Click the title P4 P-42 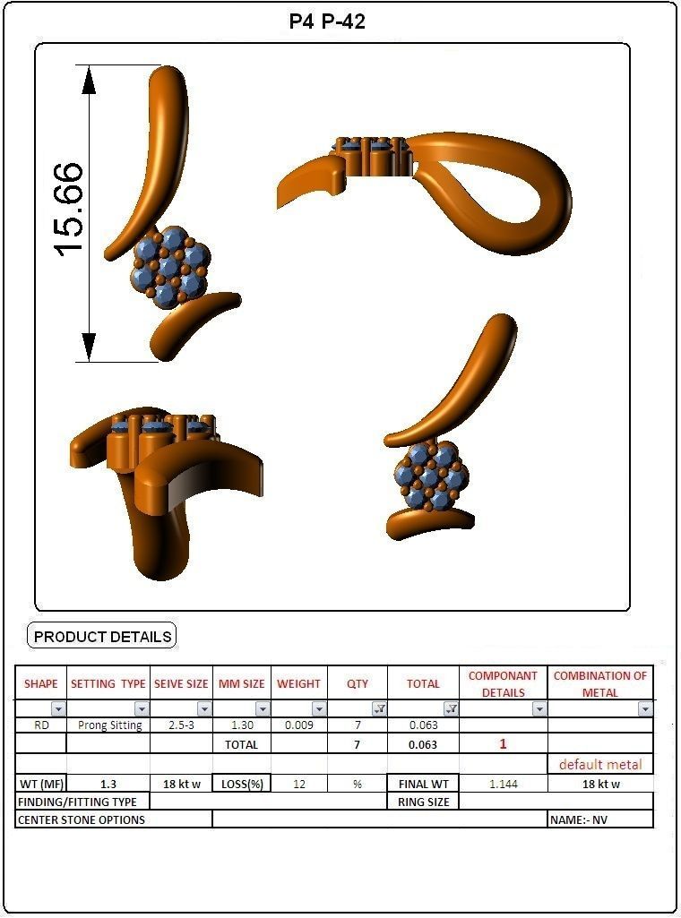(x=327, y=21)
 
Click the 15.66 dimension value (x=69, y=209)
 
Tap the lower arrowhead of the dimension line (x=89, y=346)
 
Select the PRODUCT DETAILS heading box (x=102, y=637)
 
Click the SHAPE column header (x=40, y=683)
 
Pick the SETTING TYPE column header (x=108, y=683)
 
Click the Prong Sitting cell (x=109, y=725)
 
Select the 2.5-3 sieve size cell (x=181, y=725)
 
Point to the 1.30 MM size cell (x=242, y=725)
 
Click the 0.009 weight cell (x=298, y=725)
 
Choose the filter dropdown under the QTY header (x=379, y=709)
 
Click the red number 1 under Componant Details (x=503, y=744)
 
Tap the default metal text (x=600, y=764)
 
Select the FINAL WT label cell (x=423, y=784)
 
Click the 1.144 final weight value (x=503, y=784)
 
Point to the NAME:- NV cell (x=599, y=819)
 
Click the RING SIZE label (x=423, y=802)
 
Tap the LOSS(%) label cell (x=242, y=784)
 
